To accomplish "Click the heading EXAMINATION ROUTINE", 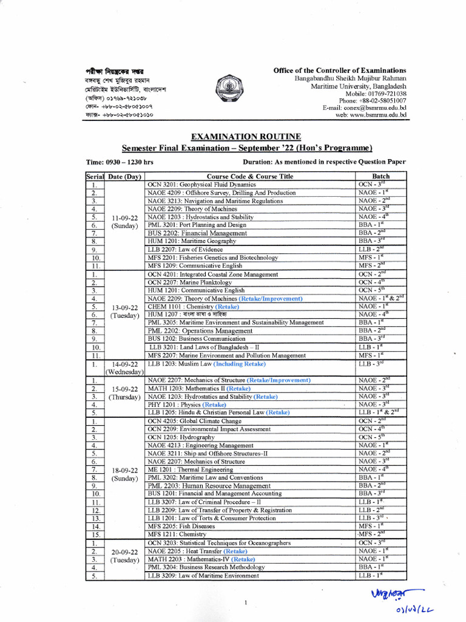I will click(233, 137).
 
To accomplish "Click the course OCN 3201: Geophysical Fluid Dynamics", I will click(201, 184).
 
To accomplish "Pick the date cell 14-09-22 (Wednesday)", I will click(124, 368).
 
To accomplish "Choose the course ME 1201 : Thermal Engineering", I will click(190, 470).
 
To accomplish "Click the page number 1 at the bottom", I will click(246, 603).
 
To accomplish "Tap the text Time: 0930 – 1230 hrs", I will click(121, 162).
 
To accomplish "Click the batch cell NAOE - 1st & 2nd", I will click(380, 298).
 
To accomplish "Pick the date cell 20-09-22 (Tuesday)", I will click(124, 556).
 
